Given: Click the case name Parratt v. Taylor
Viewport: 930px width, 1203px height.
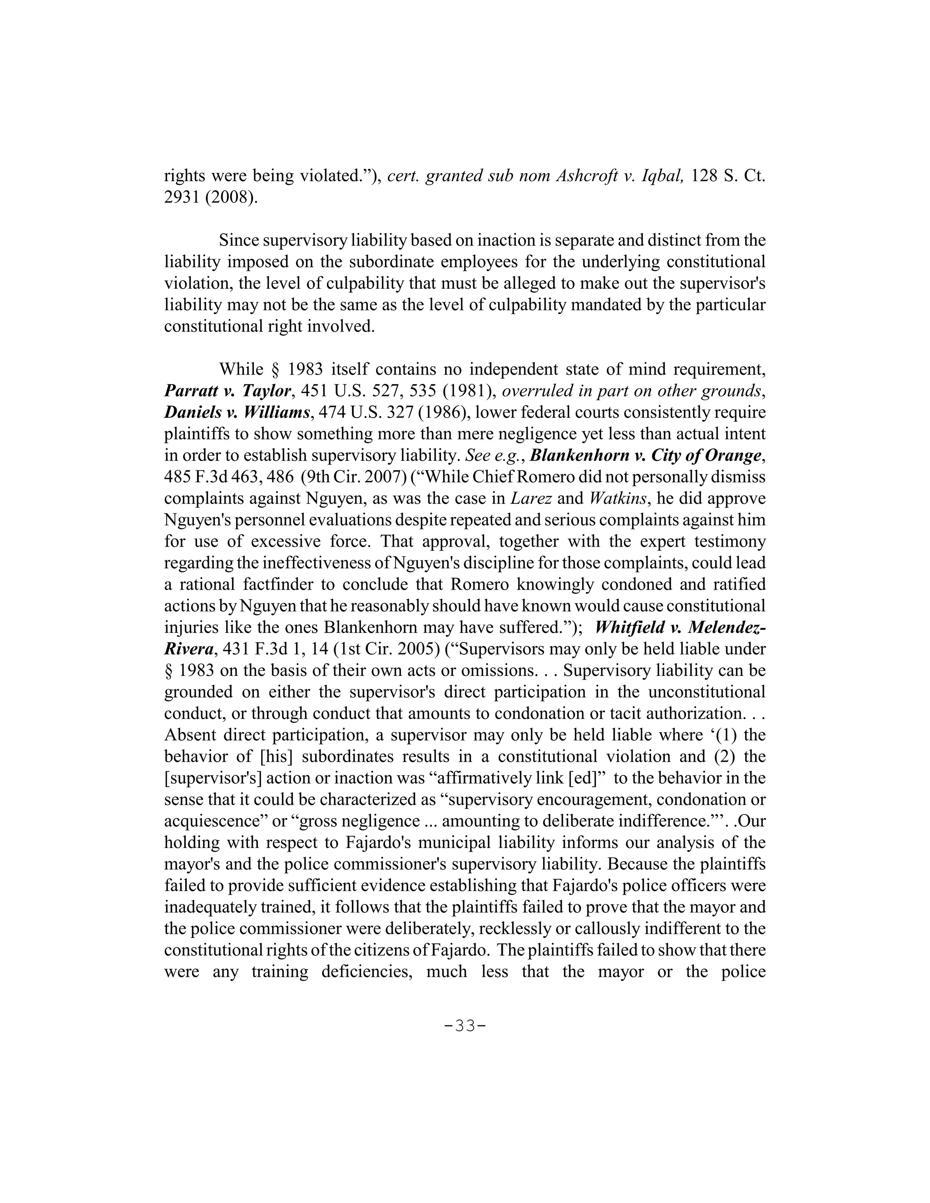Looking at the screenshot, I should [x=228, y=390].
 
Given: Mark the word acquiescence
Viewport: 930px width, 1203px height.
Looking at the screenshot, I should [x=212, y=821].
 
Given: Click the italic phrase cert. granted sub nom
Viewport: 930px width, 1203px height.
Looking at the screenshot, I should [x=470, y=176].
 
